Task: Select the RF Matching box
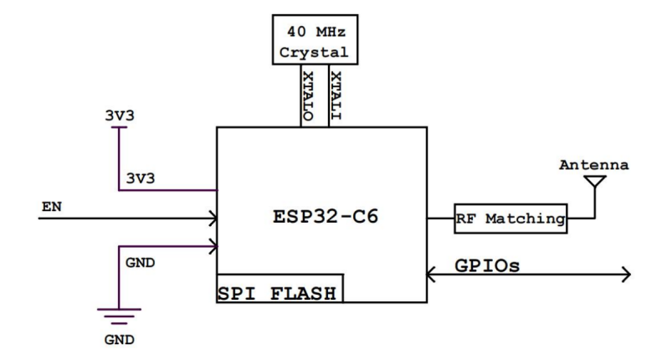(x=510, y=219)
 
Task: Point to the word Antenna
(x=594, y=164)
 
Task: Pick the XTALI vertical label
(x=336, y=96)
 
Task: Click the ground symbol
(x=115, y=315)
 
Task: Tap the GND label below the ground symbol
(x=115, y=342)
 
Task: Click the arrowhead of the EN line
(x=213, y=219)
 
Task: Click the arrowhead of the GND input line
(x=213, y=247)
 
